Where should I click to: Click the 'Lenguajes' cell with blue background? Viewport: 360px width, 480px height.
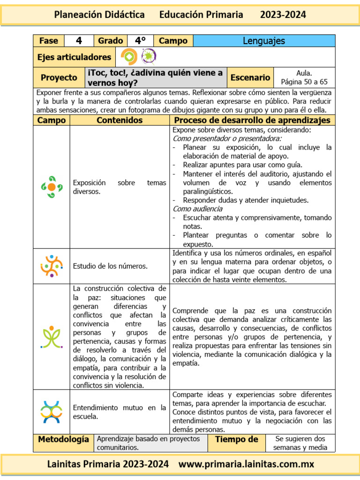[x=264, y=41]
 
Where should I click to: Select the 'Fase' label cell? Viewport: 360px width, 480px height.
[x=48, y=41]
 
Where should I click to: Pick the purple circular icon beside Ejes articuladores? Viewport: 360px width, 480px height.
[x=149, y=57]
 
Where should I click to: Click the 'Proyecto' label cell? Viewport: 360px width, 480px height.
[x=59, y=77]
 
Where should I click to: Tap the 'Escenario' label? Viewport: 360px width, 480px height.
[x=250, y=77]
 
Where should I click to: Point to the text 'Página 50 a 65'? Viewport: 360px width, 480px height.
[x=304, y=82]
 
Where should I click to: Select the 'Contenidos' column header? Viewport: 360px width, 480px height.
[x=120, y=120]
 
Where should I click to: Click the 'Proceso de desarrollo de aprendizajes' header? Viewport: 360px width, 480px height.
[x=252, y=120]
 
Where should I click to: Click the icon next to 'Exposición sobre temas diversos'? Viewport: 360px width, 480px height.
[x=52, y=187]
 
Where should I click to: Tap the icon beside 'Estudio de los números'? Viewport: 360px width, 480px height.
[x=52, y=266]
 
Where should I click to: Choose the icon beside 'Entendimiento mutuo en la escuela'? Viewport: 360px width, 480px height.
[x=52, y=412]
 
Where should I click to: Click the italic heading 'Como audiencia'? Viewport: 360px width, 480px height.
[x=197, y=209]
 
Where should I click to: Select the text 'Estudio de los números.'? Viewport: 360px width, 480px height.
[x=110, y=266]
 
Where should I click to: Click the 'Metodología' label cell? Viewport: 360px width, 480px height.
[x=63, y=440]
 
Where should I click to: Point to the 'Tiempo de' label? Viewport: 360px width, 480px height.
[x=236, y=440]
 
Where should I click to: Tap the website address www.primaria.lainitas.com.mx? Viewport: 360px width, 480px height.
[x=246, y=465]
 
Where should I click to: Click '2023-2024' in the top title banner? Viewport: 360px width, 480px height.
[x=283, y=15]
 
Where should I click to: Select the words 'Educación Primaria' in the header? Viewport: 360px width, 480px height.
[x=201, y=15]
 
